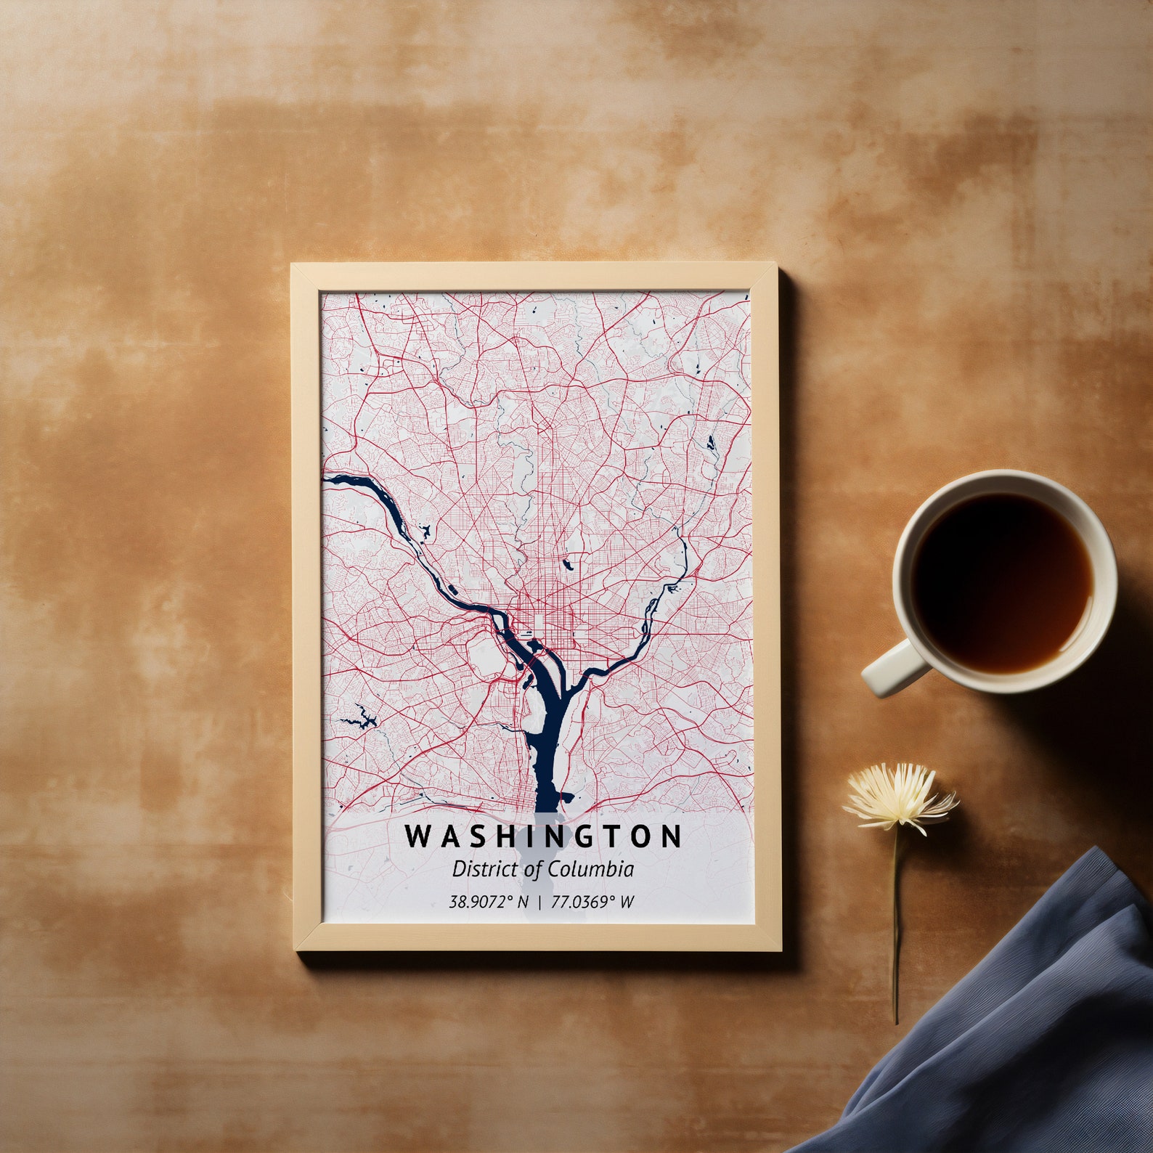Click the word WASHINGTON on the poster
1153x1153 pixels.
point(544,836)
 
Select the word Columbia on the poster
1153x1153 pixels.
point(590,869)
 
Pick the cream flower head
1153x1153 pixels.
point(900,796)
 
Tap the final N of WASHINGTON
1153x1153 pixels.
point(672,836)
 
